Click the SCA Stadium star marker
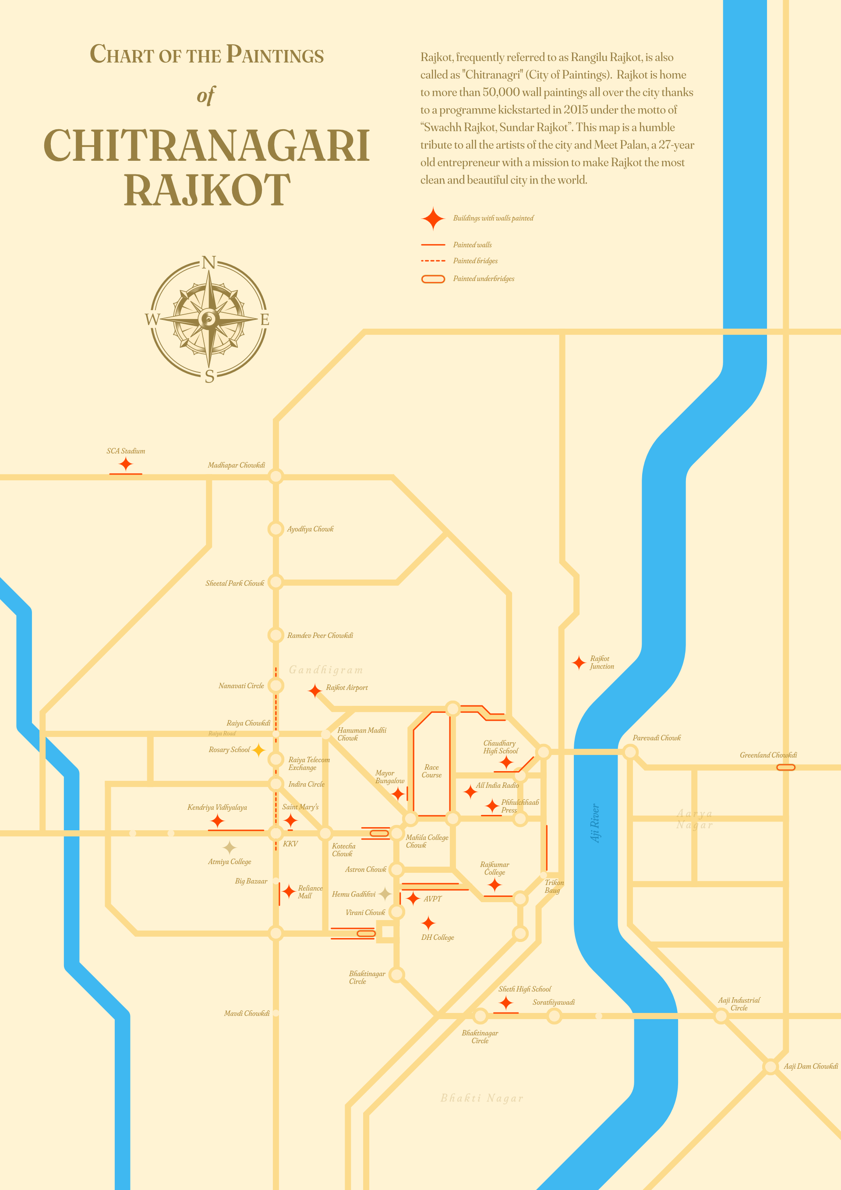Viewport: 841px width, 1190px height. tap(125, 464)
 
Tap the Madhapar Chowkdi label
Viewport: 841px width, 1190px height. tap(236, 465)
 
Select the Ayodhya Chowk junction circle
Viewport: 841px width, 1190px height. tap(276, 529)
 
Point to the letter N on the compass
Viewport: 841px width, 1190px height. tap(209, 263)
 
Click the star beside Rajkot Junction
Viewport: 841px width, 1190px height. tap(579, 662)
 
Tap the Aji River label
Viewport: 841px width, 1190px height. tap(595, 823)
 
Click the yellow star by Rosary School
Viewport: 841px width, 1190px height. tap(258, 750)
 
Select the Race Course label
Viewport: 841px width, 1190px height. tap(431, 771)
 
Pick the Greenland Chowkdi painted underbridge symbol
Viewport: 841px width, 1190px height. tap(785, 767)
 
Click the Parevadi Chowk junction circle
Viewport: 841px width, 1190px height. tap(630, 751)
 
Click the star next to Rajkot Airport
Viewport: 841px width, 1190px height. tap(314, 691)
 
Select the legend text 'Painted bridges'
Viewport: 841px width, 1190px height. tap(475, 261)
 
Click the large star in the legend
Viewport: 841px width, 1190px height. tap(433, 219)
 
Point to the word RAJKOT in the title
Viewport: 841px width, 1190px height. tap(207, 190)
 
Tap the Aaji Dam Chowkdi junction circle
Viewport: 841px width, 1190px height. tap(770, 1066)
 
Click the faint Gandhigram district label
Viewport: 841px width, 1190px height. tap(326, 669)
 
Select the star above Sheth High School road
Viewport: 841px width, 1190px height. tap(506, 1003)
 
